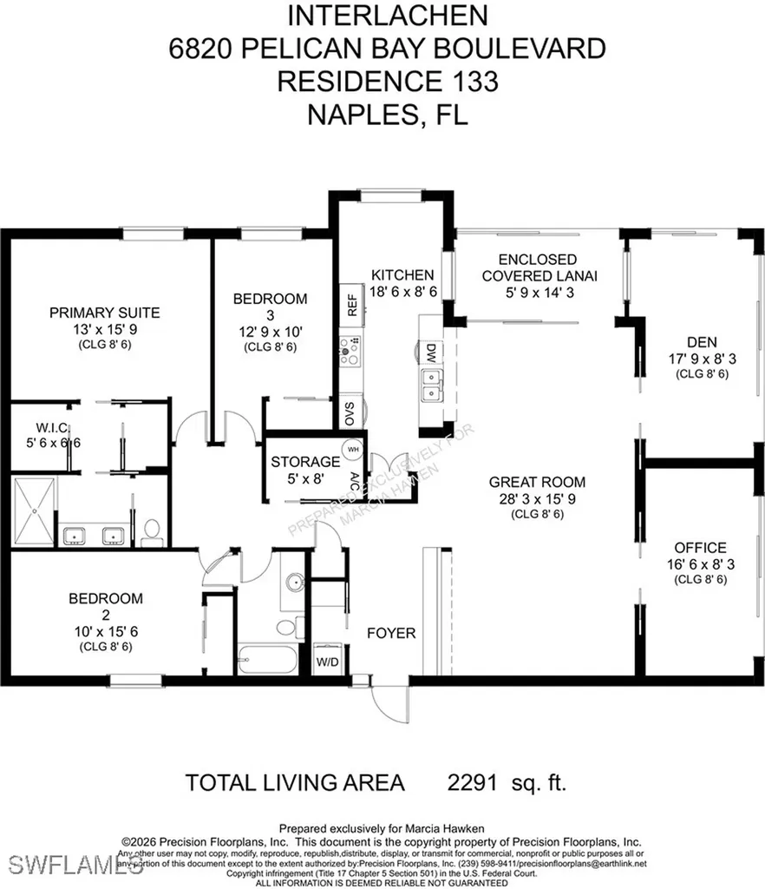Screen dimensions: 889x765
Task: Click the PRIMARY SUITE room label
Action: click(104, 313)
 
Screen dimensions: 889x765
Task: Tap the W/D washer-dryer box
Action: click(327, 662)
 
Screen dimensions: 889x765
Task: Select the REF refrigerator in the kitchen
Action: click(352, 304)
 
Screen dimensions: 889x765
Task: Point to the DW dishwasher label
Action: click(430, 352)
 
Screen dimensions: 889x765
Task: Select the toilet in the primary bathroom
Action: click(151, 531)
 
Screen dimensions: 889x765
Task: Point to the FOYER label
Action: click(391, 633)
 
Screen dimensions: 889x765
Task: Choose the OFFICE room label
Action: click(700, 548)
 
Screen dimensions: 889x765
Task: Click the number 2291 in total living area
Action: click(472, 782)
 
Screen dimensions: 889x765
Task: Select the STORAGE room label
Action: click(304, 461)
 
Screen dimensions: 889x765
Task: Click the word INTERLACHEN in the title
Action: click(387, 15)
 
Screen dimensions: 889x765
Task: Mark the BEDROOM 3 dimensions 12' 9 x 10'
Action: click(270, 331)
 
